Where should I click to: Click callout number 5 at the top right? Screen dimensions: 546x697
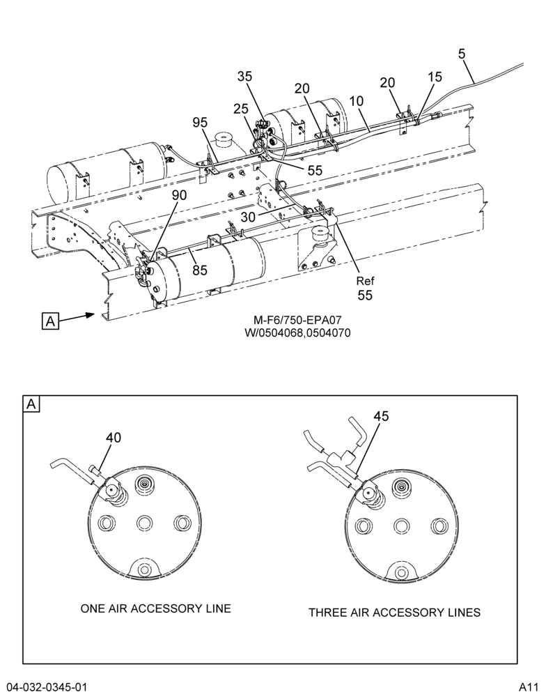pos(462,54)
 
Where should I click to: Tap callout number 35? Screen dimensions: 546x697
pos(244,77)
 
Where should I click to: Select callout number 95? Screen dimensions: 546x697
pos(201,122)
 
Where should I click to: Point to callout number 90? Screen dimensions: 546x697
pos(180,195)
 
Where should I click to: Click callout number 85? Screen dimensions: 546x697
pos(200,269)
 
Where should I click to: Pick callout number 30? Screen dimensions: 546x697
pos(249,217)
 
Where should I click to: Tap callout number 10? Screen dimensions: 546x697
pos(357,101)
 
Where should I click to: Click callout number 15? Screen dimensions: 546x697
pos(435,77)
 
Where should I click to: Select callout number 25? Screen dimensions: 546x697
pos(241,108)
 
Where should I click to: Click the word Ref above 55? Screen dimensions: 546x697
pos(365,281)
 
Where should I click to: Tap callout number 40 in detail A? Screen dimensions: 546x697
pos(114,438)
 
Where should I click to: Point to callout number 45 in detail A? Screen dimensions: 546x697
pos(381,416)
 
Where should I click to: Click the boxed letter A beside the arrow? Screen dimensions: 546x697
pos(50,321)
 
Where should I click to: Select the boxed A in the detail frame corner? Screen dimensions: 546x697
pos(31,404)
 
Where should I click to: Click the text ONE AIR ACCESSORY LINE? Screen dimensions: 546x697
pos(156,608)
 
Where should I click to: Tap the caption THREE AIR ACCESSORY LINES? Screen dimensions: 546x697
pos(394,613)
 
